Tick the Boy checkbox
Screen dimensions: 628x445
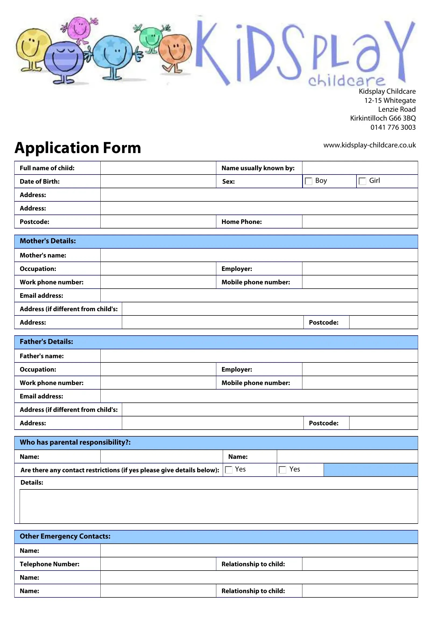309,181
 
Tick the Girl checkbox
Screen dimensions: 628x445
362,181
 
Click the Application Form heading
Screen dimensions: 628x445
78,148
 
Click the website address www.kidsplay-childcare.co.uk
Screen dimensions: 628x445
369,145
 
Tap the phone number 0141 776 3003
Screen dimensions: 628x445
393,128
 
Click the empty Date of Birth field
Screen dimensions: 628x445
158,181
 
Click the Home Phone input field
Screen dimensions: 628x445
360,222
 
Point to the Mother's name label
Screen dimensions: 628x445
43,255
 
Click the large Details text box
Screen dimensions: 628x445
219,507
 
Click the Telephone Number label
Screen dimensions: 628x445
50,564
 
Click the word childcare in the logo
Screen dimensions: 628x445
347,81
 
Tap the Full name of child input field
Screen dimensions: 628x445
158,168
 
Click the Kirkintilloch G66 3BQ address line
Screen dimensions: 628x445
383,118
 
